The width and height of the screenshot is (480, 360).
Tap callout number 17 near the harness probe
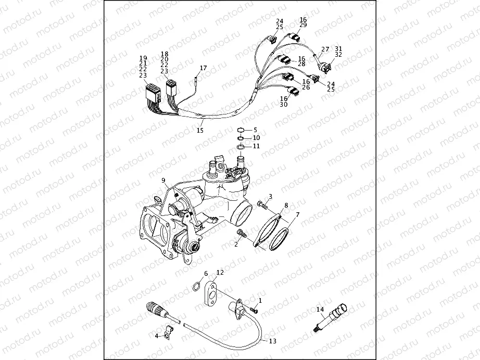(203, 68)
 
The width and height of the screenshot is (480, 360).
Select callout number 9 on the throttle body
(163, 180)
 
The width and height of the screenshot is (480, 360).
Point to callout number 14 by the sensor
(320, 310)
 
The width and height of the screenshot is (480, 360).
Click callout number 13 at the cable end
(273, 341)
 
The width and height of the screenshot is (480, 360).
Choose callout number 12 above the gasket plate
(220, 272)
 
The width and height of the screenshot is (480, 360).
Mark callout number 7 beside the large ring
(297, 214)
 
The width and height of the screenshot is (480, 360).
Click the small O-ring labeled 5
(241, 130)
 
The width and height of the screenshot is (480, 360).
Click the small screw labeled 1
(254, 310)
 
